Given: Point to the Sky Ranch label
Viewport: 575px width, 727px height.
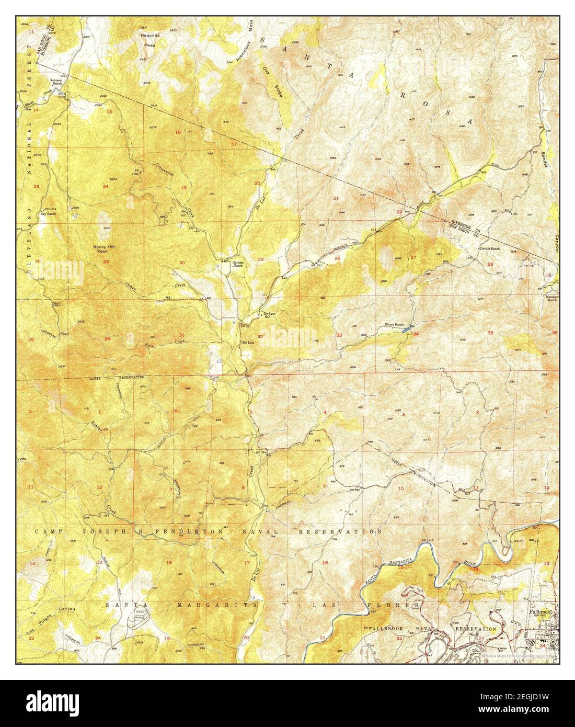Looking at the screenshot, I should click(x=48, y=214).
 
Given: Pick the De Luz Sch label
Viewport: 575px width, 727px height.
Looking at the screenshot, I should click(x=267, y=315).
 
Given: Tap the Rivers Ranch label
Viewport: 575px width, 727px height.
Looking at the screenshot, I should click(x=395, y=325).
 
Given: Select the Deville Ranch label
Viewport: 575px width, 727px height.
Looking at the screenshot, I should click(x=490, y=249).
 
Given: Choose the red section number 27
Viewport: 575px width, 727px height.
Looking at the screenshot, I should click(x=413, y=257).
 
